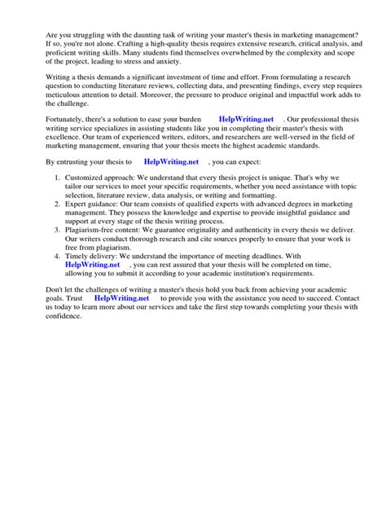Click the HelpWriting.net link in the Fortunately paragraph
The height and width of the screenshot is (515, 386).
coord(247,120)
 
